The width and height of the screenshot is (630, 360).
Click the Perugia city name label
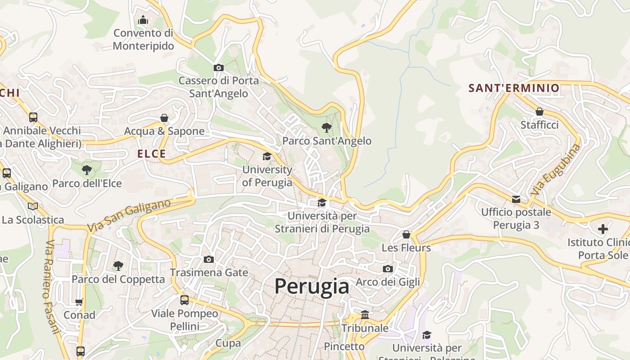coord(311,286)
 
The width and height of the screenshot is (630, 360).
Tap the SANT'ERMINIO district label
coord(514,88)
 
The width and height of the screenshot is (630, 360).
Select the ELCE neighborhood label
coord(152,154)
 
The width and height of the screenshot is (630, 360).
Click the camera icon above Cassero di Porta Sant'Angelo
coord(218,67)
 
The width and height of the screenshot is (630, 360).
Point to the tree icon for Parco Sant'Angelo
coord(327,128)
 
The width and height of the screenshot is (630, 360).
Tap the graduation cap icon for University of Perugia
coord(267,156)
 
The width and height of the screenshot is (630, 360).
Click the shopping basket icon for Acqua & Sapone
coord(164,118)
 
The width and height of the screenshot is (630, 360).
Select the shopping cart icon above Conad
coord(79,302)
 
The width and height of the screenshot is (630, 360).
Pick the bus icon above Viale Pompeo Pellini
coord(184,300)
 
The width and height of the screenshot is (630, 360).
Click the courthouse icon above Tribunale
coord(365,315)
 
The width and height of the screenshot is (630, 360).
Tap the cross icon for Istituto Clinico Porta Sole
coord(603,229)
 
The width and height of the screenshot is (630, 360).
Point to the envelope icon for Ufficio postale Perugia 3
coord(516,199)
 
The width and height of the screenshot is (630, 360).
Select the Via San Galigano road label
coord(129,216)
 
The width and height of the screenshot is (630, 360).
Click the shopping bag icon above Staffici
coord(540,112)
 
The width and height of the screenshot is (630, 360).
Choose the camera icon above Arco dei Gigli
coord(387,269)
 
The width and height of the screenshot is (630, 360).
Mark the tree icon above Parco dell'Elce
coord(87,170)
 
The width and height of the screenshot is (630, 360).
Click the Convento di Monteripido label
coord(143,39)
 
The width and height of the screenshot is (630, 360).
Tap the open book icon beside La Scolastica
coord(32,206)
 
